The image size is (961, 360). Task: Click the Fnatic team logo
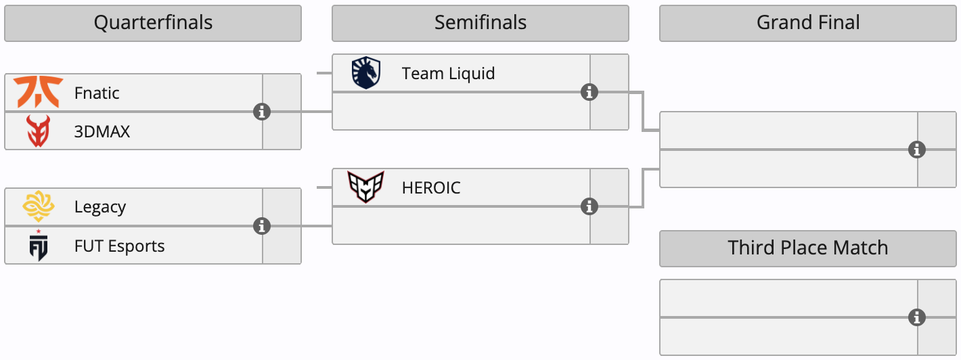(x=38, y=93)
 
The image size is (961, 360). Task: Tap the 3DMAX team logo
(x=38, y=131)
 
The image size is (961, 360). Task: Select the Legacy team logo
(x=38, y=207)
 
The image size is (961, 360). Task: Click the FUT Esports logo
(x=38, y=246)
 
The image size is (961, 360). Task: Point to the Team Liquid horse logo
(x=366, y=73)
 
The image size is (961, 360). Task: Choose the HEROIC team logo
(x=366, y=187)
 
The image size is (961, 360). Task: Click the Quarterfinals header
(x=153, y=23)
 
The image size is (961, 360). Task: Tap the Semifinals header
(x=480, y=23)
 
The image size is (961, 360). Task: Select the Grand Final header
(x=808, y=23)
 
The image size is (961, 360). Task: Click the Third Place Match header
(x=808, y=248)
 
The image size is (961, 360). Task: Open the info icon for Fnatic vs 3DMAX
(x=262, y=112)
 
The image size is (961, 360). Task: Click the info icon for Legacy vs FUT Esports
(x=262, y=226)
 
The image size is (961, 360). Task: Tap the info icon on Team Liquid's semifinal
(x=589, y=92)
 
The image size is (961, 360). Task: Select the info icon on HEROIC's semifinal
(x=589, y=206)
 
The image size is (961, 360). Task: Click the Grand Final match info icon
(x=917, y=150)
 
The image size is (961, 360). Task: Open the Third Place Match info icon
(x=917, y=317)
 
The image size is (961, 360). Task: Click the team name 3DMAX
(x=102, y=131)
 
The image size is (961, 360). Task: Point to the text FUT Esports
(x=120, y=246)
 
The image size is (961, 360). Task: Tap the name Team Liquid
(x=449, y=73)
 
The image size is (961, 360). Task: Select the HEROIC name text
(x=431, y=187)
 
